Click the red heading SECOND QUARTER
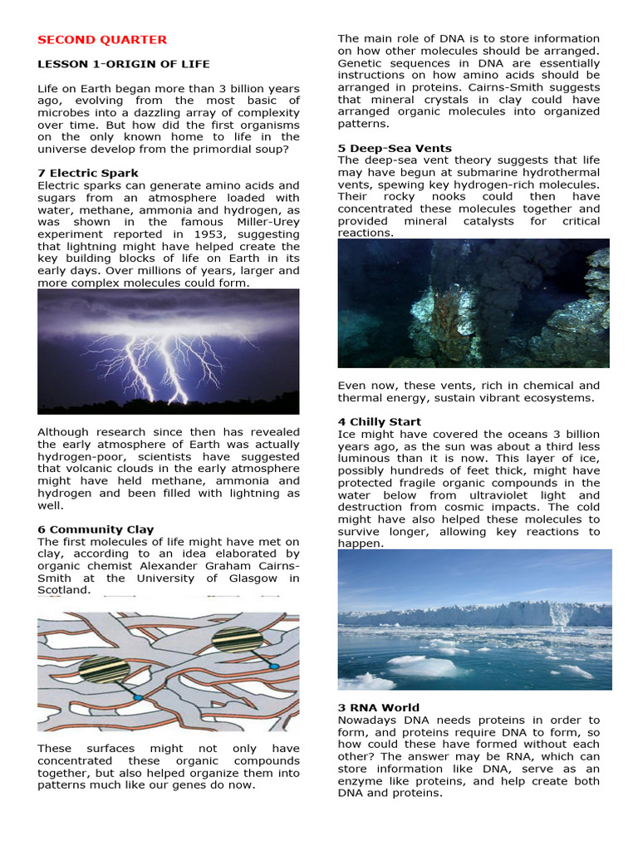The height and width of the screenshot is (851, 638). click(x=102, y=40)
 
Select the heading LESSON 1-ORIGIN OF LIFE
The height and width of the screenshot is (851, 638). click(x=124, y=64)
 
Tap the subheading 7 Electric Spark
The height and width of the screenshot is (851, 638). click(x=88, y=173)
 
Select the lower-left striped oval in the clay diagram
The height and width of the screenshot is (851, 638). click(x=105, y=669)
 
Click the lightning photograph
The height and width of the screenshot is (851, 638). click(x=169, y=351)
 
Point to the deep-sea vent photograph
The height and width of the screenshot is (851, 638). click(x=473, y=303)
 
